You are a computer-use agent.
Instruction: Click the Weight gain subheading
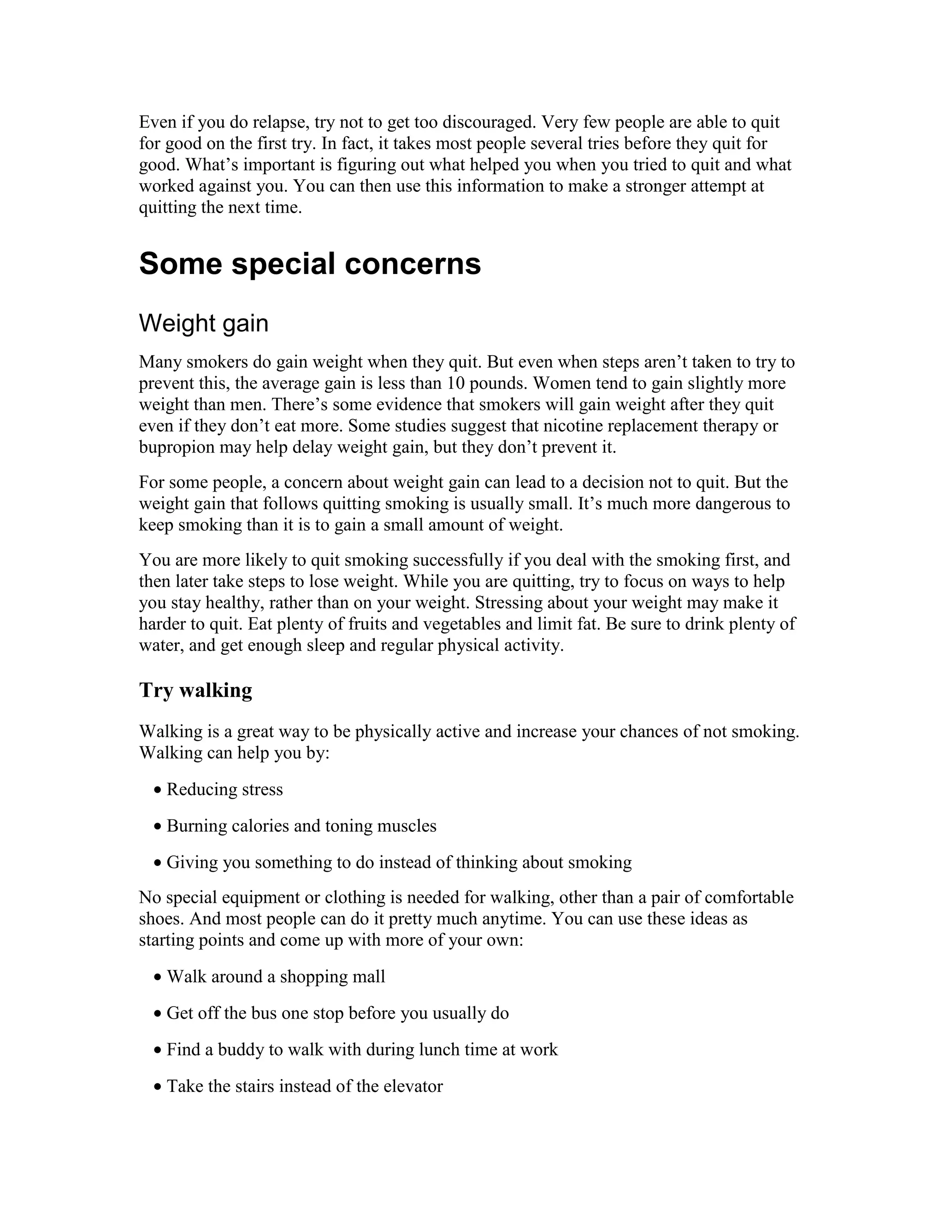(x=204, y=323)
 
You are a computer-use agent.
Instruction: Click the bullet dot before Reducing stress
(x=158, y=790)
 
